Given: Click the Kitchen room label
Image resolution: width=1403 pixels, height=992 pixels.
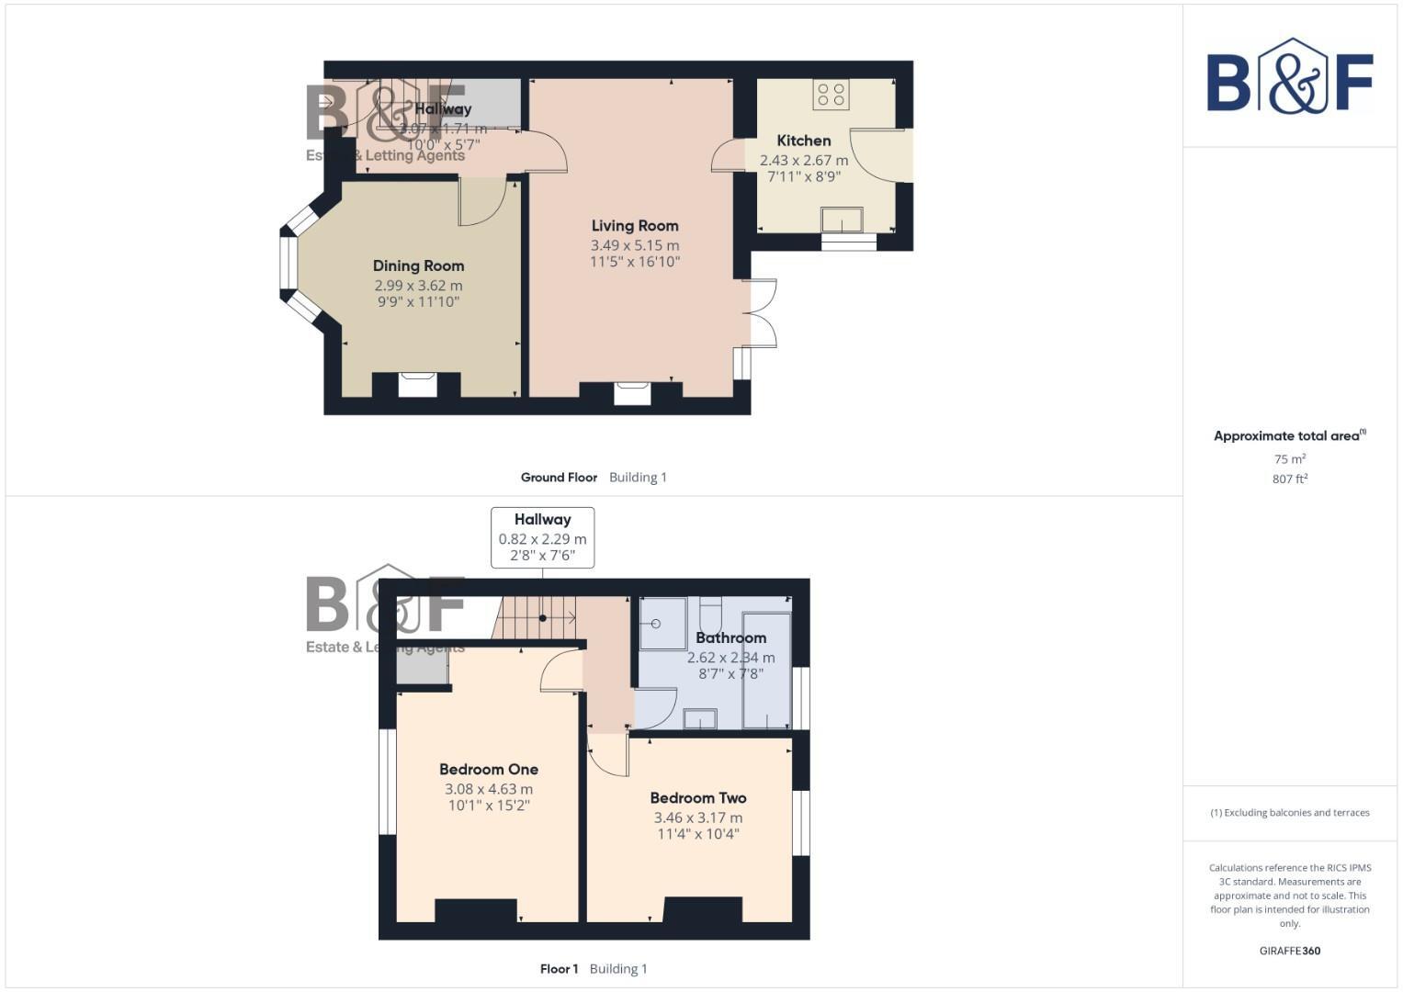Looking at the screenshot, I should click(804, 141).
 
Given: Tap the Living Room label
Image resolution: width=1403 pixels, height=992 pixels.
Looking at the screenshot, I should click(635, 226).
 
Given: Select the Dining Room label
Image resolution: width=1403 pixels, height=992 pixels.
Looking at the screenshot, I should click(418, 266).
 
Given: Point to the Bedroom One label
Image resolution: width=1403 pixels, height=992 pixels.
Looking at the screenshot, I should click(489, 770).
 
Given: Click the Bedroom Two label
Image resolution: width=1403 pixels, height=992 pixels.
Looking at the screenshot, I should click(698, 798).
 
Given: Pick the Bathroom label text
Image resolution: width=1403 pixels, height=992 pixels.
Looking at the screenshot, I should click(730, 637).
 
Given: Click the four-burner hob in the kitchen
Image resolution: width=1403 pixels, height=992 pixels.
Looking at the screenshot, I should click(832, 94).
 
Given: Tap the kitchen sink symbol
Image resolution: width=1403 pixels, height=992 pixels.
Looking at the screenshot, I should click(842, 220).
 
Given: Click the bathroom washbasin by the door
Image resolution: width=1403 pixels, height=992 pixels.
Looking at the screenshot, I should click(700, 718).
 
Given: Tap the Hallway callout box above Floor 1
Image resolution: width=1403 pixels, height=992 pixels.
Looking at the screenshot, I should click(542, 537).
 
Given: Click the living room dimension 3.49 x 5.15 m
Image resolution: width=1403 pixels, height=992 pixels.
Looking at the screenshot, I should click(635, 245).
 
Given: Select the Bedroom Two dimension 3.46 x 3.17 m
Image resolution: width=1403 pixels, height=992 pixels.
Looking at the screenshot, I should click(698, 817).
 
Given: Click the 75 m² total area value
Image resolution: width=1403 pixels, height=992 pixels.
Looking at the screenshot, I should click(1289, 459).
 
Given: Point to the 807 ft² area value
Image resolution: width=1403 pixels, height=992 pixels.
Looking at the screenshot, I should click(1289, 479).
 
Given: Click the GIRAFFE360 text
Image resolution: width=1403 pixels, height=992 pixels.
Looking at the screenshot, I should click(1289, 951).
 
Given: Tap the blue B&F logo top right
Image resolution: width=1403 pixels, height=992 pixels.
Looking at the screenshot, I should click(1289, 77).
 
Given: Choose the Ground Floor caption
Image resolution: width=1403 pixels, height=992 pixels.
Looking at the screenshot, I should click(559, 478).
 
